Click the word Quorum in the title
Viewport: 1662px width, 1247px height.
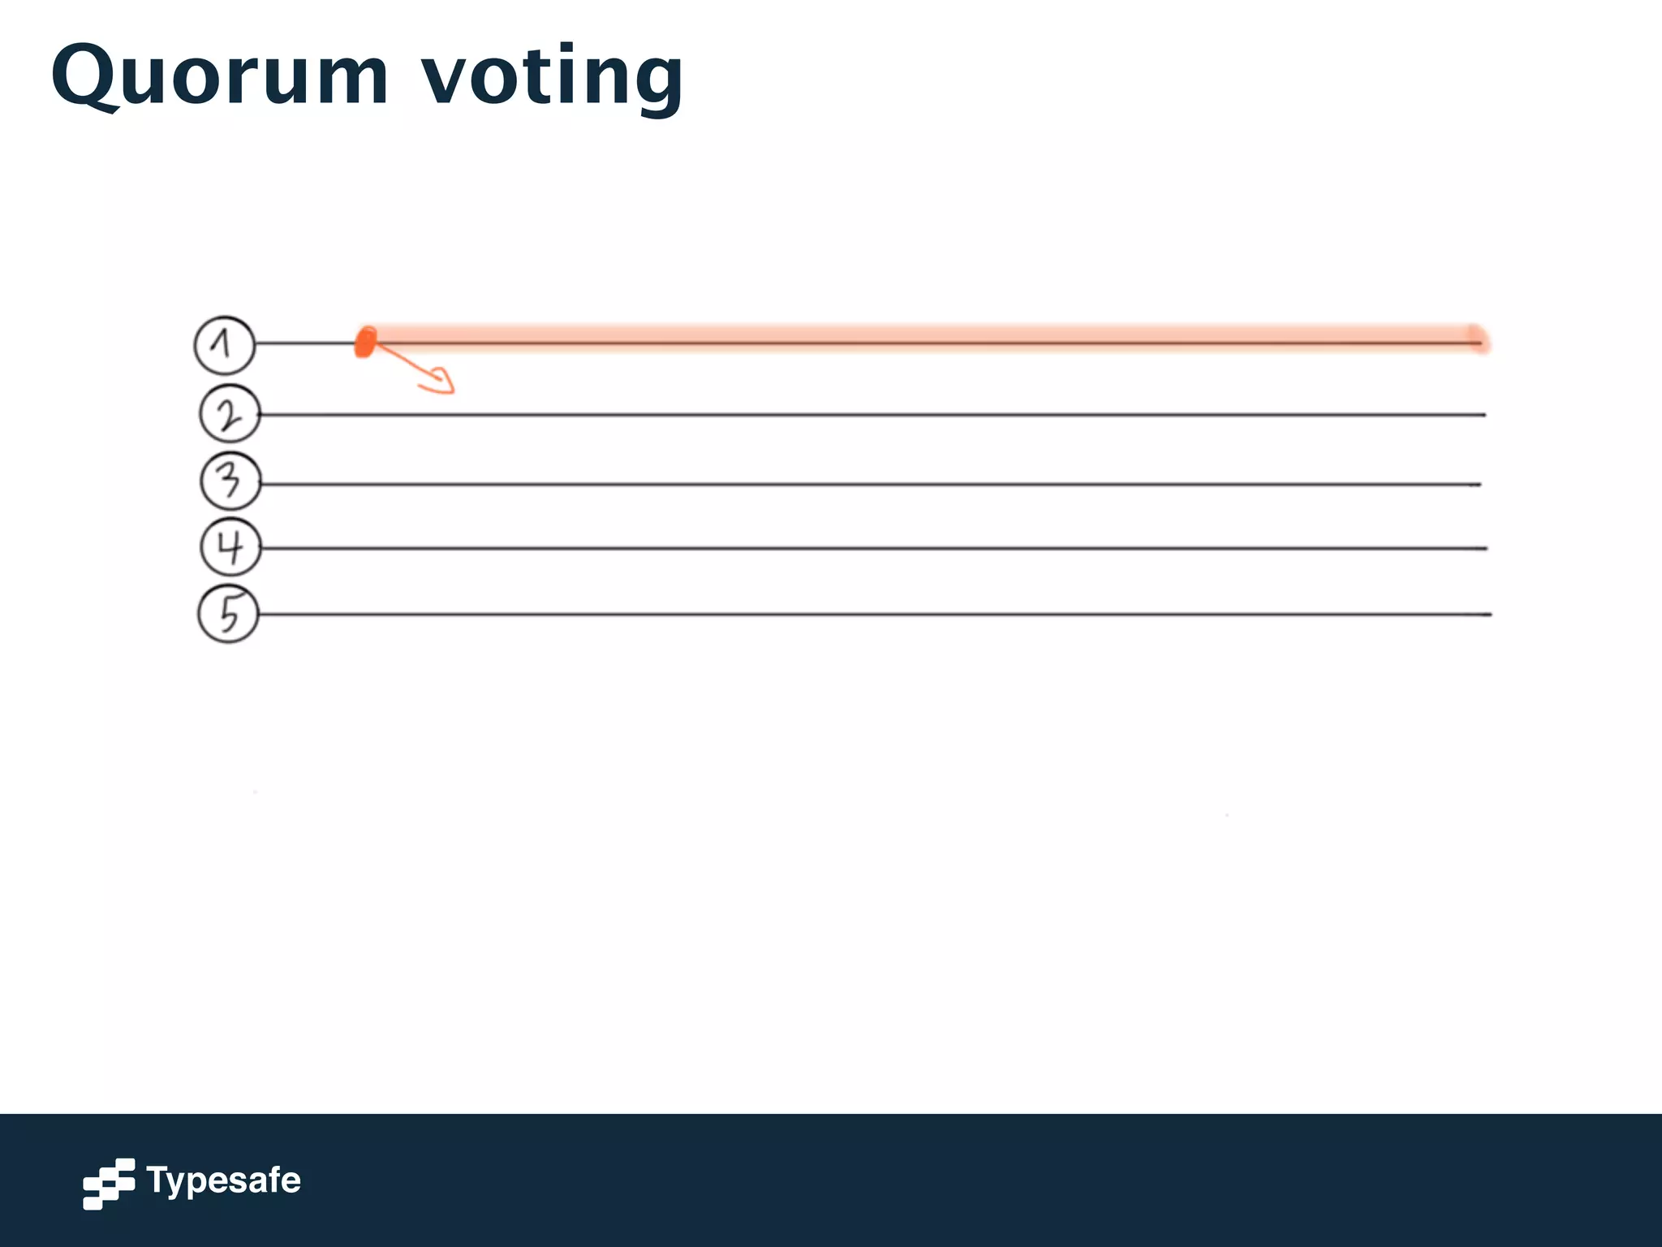coord(219,77)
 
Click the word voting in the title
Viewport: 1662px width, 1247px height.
coord(552,77)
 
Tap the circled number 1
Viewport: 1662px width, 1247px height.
coord(225,345)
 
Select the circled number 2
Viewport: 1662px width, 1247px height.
coord(230,414)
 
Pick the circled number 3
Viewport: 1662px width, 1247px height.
coord(230,481)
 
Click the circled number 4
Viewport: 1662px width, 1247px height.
coord(230,546)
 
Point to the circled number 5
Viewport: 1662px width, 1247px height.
coord(229,614)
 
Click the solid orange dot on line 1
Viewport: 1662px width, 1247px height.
coord(366,342)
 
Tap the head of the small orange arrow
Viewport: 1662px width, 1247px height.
coord(443,382)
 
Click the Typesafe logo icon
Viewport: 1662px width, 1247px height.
coord(109,1183)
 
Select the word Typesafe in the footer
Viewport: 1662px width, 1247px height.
coord(223,1180)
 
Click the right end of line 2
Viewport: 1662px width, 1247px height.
coord(1483,415)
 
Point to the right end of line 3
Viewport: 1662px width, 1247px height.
coord(1479,485)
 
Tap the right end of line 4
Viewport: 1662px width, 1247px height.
coord(1484,549)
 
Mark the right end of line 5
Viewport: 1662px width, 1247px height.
coord(1489,615)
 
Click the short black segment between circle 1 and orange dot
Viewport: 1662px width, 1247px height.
coord(305,344)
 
